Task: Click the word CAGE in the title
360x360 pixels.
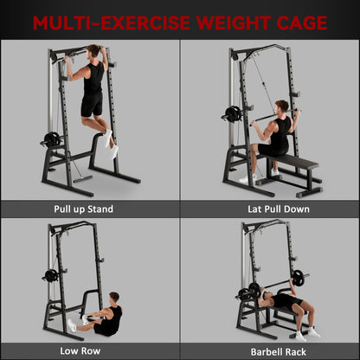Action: click(x=294, y=22)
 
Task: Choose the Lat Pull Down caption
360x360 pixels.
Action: click(x=270, y=209)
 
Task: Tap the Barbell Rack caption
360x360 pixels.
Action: click(x=270, y=350)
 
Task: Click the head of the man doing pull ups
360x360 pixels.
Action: click(x=94, y=52)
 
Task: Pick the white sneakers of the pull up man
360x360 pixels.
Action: click(x=110, y=144)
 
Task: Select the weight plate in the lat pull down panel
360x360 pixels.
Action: click(x=232, y=114)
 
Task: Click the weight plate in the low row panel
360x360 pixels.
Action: click(x=51, y=275)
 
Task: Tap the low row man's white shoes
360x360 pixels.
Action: click(x=73, y=324)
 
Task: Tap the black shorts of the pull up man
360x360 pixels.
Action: click(x=92, y=105)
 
